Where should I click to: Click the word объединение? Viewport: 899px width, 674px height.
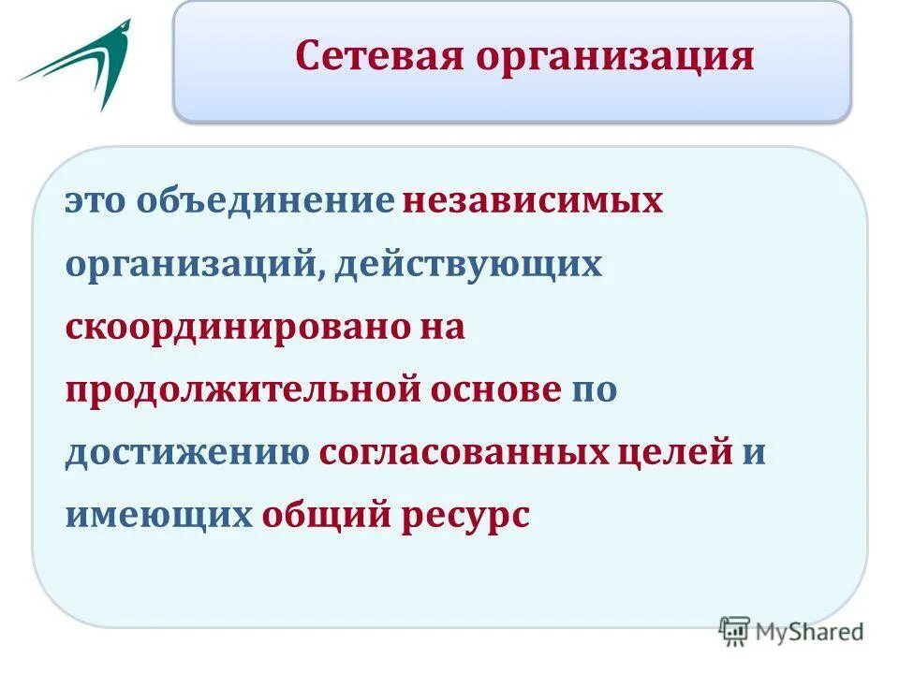point(265,203)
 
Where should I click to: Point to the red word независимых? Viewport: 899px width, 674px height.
point(533,203)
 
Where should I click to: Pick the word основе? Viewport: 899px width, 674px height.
point(494,390)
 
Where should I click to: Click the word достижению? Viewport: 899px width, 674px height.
point(186,454)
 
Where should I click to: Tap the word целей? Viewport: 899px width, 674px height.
point(675,454)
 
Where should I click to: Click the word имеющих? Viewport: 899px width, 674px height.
point(158,516)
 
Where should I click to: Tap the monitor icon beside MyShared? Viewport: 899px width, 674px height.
point(735,631)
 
